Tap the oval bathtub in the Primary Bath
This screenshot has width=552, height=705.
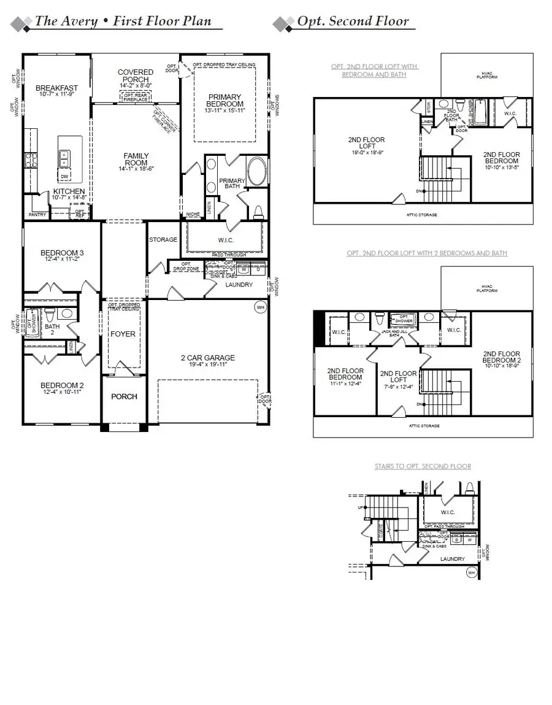click(x=256, y=172)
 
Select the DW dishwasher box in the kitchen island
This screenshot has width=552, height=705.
click(x=64, y=177)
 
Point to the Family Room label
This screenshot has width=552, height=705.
click(x=136, y=159)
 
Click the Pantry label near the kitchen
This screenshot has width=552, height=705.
click(x=37, y=215)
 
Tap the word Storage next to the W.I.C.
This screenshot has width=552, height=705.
click(x=163, y=240)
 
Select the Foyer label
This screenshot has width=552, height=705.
click(x=123, y=334)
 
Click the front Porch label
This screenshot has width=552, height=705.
click(x=124, y=396)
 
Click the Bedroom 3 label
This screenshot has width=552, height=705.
click(x=62, y=253)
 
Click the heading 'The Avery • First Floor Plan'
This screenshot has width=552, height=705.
click(x=123, y=21)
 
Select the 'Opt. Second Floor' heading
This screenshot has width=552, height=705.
click(x=353, y=21)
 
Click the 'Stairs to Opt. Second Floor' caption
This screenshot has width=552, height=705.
click(x=423, y=466)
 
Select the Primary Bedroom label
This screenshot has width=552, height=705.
click(x=225, y=100)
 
